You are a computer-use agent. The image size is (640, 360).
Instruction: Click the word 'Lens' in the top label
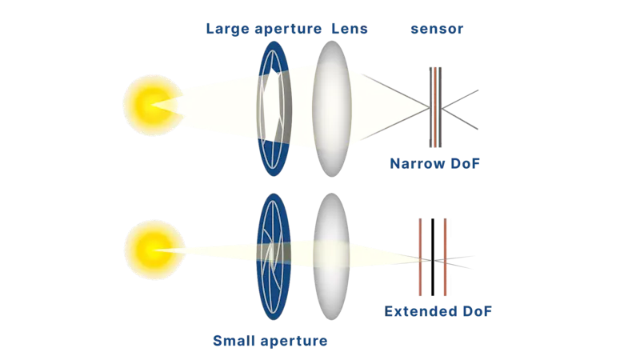pos(349,30)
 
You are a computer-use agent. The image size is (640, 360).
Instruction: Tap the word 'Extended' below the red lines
pos(419,310)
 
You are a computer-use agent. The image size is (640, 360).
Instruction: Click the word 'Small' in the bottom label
pos(233,341)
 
